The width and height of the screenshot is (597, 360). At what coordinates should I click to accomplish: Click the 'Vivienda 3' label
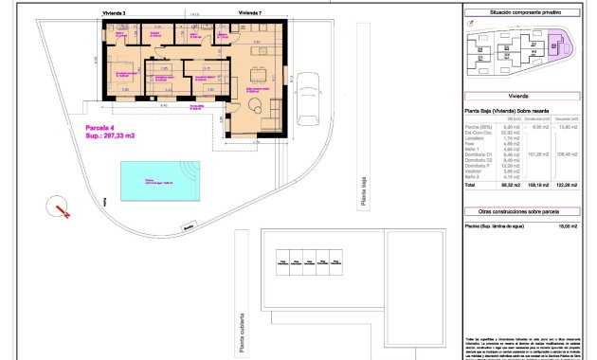[x=114, y=13]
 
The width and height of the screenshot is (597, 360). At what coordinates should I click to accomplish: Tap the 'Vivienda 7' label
[x=250, y=13]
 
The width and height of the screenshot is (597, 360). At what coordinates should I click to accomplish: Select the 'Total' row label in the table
[x=471, y=187]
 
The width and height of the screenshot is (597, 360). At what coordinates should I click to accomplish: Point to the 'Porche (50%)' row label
[x=478, y=126]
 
